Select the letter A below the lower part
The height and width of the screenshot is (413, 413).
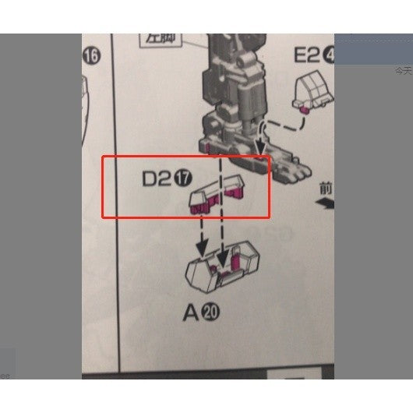(191, 313)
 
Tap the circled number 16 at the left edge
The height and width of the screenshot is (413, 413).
(91, 56)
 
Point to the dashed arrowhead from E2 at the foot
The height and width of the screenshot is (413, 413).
(260, 147)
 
